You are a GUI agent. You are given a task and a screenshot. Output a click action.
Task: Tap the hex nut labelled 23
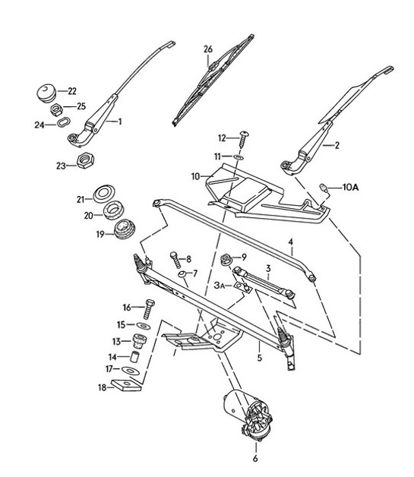pos(85,161)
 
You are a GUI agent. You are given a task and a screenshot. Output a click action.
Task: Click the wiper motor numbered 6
pos(253,417)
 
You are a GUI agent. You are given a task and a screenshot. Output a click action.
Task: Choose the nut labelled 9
pos(226,261)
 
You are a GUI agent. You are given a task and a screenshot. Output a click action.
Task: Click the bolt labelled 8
pos(175,257)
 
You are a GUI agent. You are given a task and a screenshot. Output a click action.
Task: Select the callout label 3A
pos(220,285)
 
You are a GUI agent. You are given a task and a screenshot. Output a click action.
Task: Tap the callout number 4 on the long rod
pos(290,243)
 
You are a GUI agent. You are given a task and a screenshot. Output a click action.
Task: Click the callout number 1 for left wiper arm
pos(119,120)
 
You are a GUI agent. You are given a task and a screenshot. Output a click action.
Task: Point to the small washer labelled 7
pos(183,273)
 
